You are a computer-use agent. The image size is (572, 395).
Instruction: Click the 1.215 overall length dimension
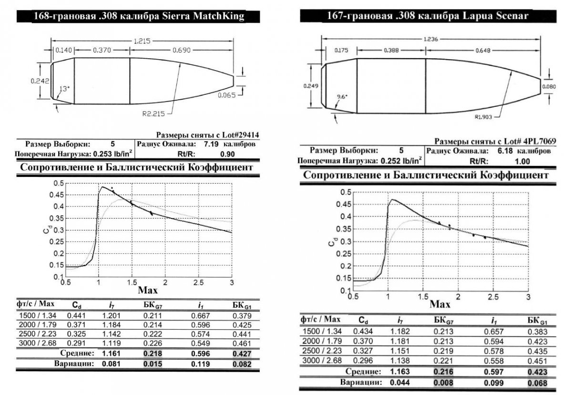pos(142,42)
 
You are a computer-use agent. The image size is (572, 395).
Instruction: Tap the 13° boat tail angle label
pos(64,89)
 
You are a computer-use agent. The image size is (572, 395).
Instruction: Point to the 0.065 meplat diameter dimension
pos(227,95)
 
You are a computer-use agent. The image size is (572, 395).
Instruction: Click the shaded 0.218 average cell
pos(154,353)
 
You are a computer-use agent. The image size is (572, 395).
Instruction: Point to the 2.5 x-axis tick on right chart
pos(493,297)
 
